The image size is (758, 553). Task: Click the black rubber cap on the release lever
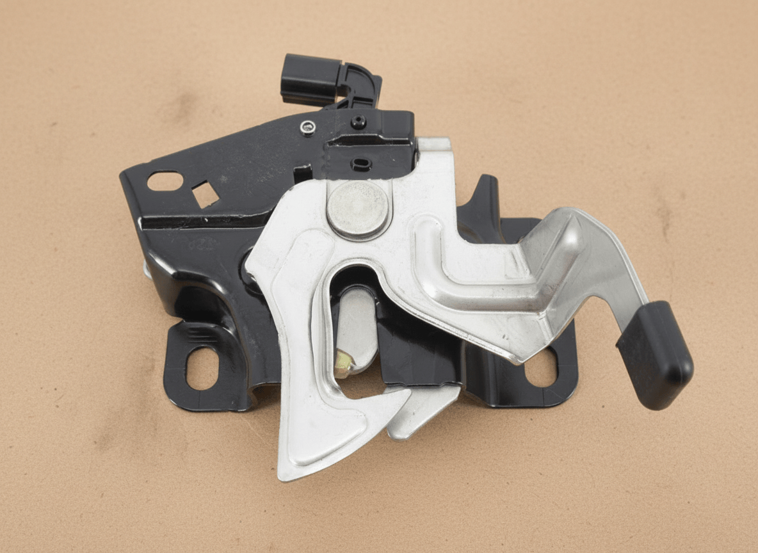tap(656, 355)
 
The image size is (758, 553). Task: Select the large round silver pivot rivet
tap(358, 208)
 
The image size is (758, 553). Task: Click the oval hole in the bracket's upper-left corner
tap(165, 181)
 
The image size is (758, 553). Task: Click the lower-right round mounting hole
tap(541, 370)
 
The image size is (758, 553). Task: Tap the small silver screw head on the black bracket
tap(308, 127)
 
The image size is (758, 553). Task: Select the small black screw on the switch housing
tap(359, 121)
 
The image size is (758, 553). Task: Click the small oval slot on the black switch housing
tap(361, 164)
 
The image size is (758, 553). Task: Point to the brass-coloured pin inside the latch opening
tap(344, 364)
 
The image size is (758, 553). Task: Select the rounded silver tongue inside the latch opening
tap(356, 326)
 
